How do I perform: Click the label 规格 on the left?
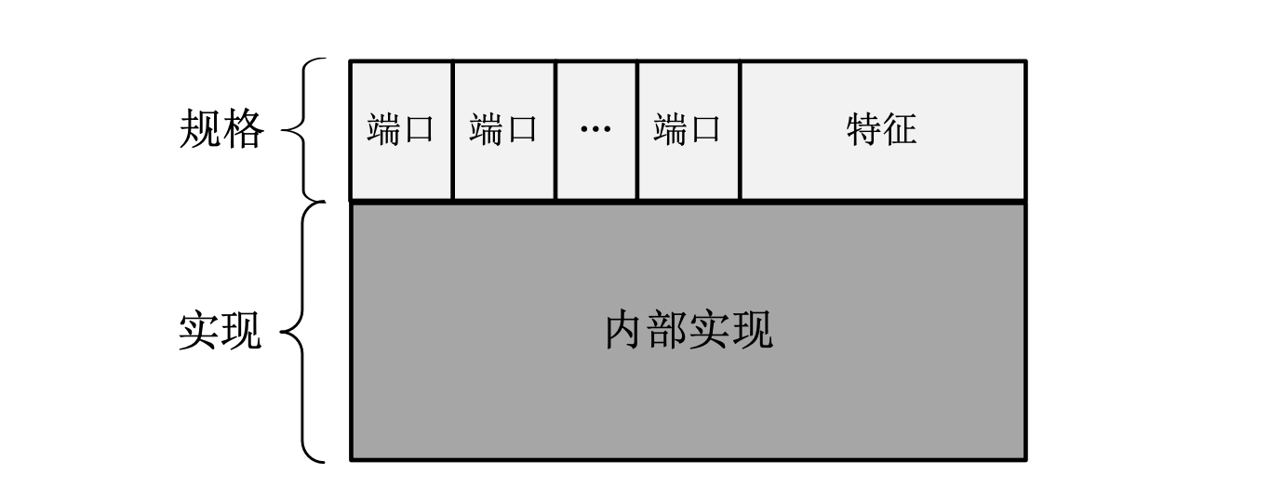click(x=221, y=130)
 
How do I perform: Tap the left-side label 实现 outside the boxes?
click(x=221, y=331)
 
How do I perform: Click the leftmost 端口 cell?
click(x=401, y=129)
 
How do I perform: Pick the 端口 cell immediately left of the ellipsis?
click(x=503, y=129)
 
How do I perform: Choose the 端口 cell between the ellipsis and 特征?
click(x=688, y=129)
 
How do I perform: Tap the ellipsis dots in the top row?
click(x=595, y=129)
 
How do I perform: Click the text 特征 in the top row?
click(x=881, y=129)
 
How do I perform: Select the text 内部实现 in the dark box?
click(x=689, y=331)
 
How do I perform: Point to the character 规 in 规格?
click(x=200, y=130)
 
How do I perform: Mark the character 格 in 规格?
click(x=244, y=130)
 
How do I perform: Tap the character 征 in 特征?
click(x=900, y=129)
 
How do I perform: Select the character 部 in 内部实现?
click(x=667, y=331)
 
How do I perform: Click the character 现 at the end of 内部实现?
click(x=752, y=331)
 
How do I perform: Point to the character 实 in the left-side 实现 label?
click(x=199, y=331)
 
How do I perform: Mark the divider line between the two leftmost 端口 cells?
click(x=452, y=129)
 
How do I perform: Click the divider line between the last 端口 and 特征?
click(x=740, y=129)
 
